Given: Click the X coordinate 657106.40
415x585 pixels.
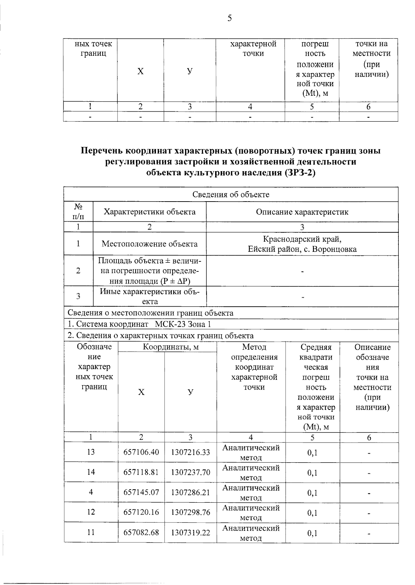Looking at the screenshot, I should [141, 452].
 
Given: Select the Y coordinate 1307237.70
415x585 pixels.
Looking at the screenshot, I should [191, 472].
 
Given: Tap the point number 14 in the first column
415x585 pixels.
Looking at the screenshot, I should [91, 472].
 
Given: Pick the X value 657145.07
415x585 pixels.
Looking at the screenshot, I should [141, 492].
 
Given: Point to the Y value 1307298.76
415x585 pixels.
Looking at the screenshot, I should [191, 512].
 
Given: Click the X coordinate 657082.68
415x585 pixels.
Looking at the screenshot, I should [141, 532].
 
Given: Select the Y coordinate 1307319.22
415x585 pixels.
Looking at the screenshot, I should [191, 533].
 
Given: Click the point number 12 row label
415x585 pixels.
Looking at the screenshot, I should [91, 512].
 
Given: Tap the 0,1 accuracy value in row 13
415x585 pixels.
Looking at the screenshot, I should [312, 453].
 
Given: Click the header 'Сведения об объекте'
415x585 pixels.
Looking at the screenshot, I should [231, 194].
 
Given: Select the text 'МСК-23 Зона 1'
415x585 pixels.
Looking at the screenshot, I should [183, 324].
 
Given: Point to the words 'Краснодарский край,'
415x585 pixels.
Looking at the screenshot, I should [302, 239].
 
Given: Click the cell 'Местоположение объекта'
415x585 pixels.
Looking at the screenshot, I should [149, 244].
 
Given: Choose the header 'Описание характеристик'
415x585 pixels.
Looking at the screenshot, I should [302, 212].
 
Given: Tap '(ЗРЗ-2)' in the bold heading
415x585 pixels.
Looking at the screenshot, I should [299, 172].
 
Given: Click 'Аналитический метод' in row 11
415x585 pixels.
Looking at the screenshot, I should [251, 533].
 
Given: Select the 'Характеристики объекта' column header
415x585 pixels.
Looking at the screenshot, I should [149, 212].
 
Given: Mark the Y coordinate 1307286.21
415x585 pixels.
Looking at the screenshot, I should [191, 492].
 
